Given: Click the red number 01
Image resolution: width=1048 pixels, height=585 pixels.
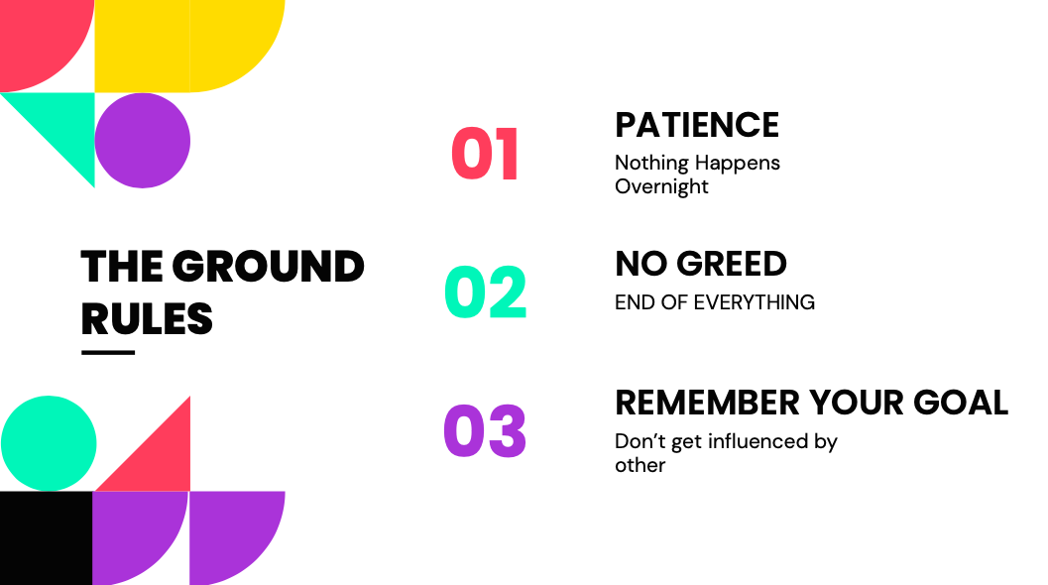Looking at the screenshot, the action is point(485,154).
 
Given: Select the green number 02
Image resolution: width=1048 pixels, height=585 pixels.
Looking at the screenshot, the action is point(485,292).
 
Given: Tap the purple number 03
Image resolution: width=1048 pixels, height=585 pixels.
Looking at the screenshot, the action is point(485,430).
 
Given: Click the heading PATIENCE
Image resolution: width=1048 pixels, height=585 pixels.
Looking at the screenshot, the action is point(697,125).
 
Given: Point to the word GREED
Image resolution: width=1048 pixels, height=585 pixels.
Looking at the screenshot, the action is point(732,264).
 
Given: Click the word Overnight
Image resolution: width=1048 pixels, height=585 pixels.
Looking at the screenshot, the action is point(661,186).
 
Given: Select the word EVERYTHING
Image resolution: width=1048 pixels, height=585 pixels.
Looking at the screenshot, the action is point(755,302).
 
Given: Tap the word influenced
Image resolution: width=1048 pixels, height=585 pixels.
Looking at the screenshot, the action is point(757,441).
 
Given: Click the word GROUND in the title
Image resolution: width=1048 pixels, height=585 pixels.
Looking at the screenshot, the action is point(268,266).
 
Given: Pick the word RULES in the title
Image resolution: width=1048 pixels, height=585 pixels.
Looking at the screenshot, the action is point(147,318).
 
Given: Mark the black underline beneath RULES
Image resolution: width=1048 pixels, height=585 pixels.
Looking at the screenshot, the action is point(108,352).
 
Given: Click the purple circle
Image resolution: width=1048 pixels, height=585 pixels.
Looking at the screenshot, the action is point(143,141).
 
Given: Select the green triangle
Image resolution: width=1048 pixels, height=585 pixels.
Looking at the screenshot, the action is point(63,124).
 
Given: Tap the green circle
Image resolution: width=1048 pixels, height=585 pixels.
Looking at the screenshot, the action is point(49,443).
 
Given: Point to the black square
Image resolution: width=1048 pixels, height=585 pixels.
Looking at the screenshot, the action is point(47,538).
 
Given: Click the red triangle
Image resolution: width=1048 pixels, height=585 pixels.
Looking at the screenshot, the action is point(159,459).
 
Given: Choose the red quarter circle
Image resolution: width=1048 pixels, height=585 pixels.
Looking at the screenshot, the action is point(37,37).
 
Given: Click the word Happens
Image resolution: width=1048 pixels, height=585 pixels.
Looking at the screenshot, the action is point(738,164).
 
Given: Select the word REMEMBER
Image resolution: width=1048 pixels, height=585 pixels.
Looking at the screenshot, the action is point(707,403).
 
